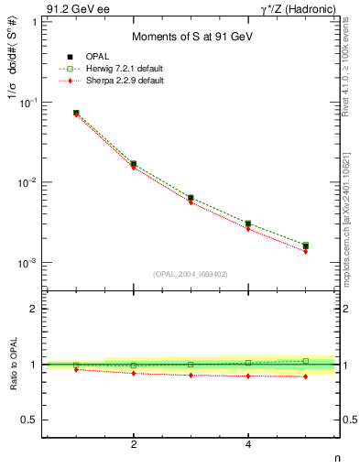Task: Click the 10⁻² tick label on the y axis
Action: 28,183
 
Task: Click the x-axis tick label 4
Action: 248,444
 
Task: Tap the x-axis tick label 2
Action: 134,444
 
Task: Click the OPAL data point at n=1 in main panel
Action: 76,113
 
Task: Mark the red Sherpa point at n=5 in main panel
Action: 305,251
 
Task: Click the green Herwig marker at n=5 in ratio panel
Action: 305,361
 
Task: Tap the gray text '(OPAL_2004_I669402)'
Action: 191,273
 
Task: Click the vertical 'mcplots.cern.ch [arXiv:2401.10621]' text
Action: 353,211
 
